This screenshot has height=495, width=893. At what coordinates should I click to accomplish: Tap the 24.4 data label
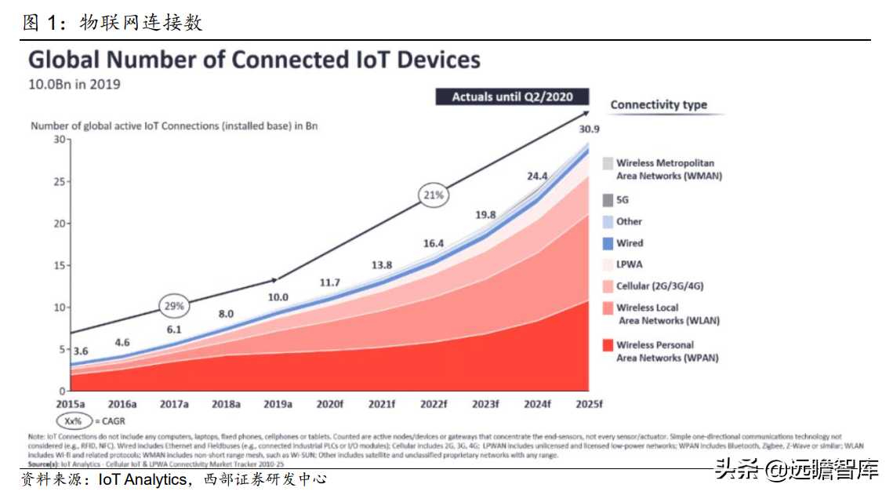(x=537, y=177)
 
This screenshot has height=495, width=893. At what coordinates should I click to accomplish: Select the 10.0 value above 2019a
(x=278, y=297)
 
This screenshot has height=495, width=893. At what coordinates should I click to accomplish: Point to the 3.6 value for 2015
(x=82, y=351)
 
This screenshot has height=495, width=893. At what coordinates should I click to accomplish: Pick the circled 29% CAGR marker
(x=174, y=305)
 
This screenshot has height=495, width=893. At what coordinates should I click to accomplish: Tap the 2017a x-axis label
(x=174, y=404)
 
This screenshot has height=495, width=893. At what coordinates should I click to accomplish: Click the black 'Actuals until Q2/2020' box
(x=512, y=97)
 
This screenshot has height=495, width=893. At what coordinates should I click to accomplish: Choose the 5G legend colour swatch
(x=608, y=200)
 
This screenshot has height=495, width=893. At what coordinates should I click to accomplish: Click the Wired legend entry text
(x=630, y=243)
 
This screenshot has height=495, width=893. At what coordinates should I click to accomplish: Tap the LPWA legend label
(x=630, y=264)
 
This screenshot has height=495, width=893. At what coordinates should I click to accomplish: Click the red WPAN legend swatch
(x=608, y=345)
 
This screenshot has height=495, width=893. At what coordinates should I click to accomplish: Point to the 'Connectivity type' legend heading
(x=659, y=105)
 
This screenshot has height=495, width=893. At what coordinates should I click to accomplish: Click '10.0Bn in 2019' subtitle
(x=74, y=84)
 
